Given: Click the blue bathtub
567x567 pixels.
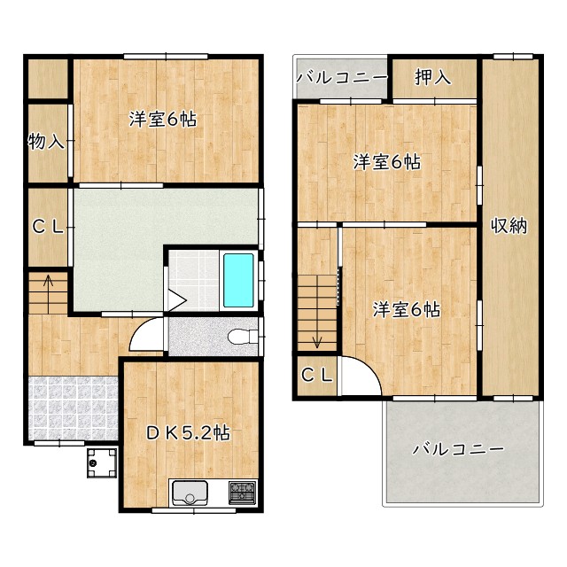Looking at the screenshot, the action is tap(238, 280).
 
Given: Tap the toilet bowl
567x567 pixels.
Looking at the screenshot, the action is tap(243, 337).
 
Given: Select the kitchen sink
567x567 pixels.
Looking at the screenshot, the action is tap(190, 493).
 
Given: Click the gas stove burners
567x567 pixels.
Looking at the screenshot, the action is tap(242, 493).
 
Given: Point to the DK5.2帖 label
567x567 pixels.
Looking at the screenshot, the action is tap(188, 432).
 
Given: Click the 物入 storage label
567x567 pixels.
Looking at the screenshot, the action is tap(46, 141).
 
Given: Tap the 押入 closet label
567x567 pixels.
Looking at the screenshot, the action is tap(433, 77).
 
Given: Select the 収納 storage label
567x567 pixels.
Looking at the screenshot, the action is tap(509, 226).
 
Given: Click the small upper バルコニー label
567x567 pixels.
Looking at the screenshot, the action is tap(342, 77).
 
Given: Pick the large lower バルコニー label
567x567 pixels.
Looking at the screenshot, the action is tap(458, 449).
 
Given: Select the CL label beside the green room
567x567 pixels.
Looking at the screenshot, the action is tap(48, 227).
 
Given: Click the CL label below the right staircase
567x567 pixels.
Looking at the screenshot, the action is tap(317, 375).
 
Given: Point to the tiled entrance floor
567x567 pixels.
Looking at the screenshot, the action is tap(73, 408).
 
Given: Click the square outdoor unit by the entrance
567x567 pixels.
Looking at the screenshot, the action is tap(102, 462).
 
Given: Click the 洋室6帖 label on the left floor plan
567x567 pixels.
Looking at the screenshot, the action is tap(163, 119).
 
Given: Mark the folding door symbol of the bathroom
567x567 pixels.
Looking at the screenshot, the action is tap(176, 299).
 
